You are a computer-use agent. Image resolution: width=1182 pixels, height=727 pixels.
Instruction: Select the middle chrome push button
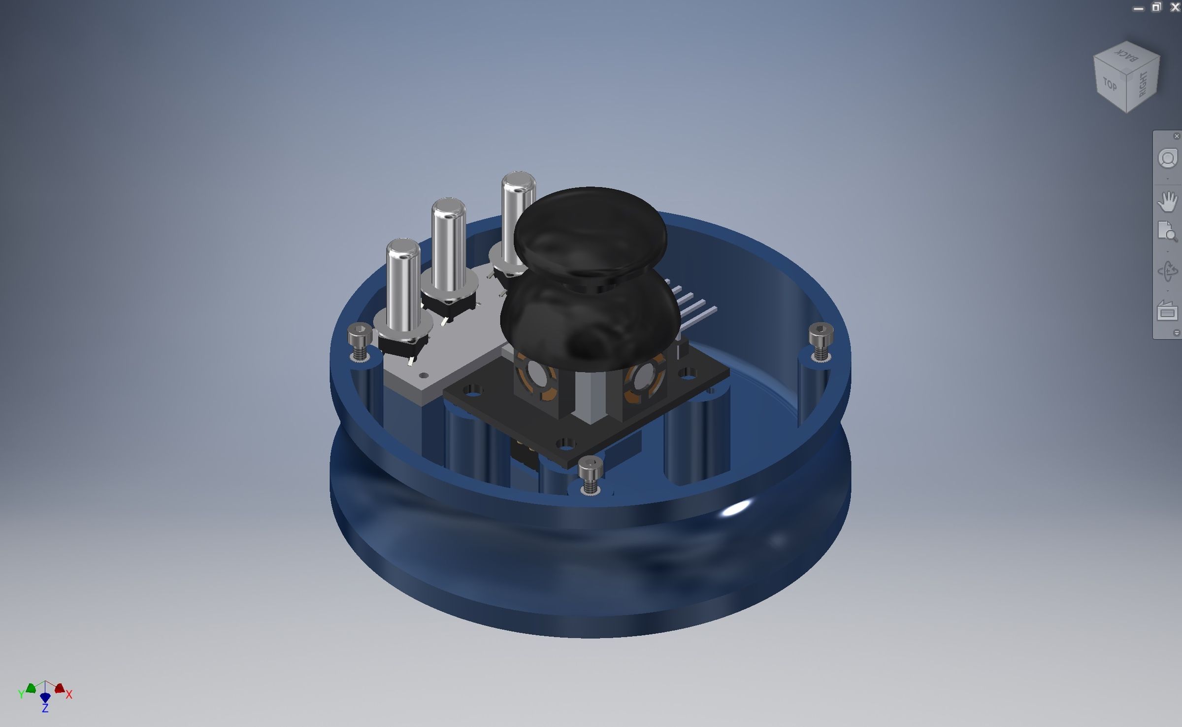(448, 246)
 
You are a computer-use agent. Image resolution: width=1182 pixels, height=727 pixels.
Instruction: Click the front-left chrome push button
(403, 286)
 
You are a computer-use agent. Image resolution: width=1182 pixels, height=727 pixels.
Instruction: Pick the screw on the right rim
(821, 340)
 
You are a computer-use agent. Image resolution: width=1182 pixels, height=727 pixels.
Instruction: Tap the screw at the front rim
(590, 473)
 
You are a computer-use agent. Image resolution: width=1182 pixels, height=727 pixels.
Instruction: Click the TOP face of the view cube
(1110, 85)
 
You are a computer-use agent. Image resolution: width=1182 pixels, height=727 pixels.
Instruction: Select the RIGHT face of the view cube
(1143, 84)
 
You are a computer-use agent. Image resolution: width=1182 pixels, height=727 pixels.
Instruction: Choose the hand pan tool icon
(1167, 201)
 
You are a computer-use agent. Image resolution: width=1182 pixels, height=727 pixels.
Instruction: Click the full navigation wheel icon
(1167, 159)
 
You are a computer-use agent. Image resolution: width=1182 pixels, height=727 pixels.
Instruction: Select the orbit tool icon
(1167, 271)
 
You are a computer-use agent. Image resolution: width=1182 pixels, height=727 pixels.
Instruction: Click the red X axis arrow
(60, 688)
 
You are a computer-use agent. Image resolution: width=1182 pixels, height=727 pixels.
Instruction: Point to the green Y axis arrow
(31, 688)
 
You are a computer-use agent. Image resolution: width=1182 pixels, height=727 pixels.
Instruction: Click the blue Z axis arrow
(45, 698)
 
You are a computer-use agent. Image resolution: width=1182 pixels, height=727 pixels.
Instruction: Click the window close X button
(1175, 7)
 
